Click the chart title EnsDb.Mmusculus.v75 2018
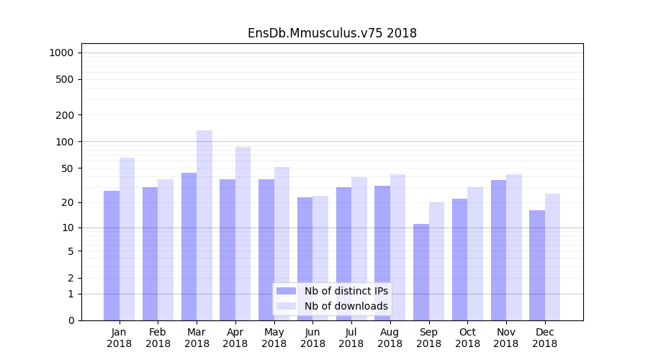[x=332, y=33]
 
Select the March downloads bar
[x=204, y=225]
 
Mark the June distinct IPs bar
[x=305, y=258]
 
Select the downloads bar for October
[x=475, y=253]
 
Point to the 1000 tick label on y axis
[x=61, y=53]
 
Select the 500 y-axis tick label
[x=65, y=79]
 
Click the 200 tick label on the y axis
[x=65, y=115]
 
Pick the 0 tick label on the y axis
[x=71, y=320]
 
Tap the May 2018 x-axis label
[x=274, y=338]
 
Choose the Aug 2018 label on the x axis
[x=390, y=338]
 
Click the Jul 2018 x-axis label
[x=351, y=338]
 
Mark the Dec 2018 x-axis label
[x=544, y=338]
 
